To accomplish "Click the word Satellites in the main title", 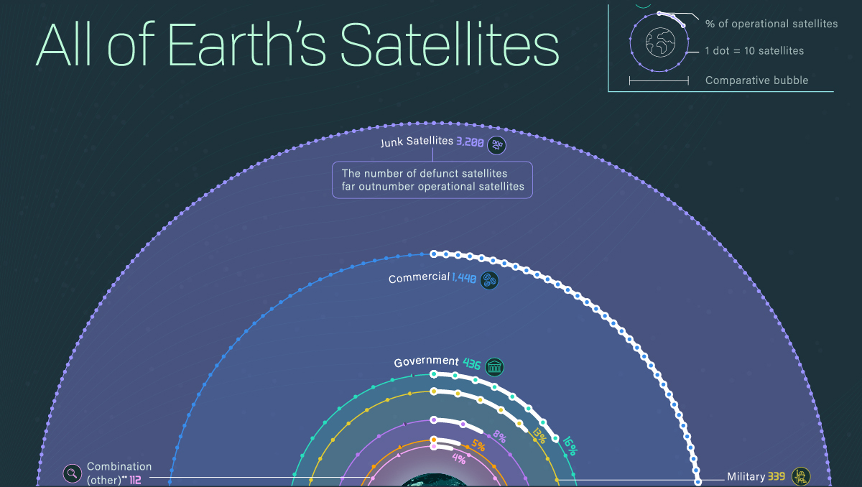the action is click(x=449, y=45).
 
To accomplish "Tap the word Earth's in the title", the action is click(x=247, y=45).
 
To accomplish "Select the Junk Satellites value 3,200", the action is click(x=470, y=142).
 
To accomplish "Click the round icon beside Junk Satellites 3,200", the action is click(x=497, y=145).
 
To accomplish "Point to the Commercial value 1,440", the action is click(x=464, y=278).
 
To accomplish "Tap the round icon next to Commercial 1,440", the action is click(x=489, y=280).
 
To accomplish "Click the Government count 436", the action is click(x=472, y=363).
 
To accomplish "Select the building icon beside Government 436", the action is click(x=494, y=366).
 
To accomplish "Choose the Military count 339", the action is click(x=777, y=477).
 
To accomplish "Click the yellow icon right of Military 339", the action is click(x=801, y=476).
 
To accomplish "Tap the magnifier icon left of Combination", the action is click(x=73, y=473).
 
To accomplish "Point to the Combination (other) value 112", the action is click(x=135, y=480).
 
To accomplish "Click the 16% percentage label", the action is click(x=570, y=446).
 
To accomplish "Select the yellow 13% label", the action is click(x=539, y=436).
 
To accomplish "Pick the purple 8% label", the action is click(x=499, y=436).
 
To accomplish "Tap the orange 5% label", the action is click(x=478, y=445).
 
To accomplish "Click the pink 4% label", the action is click(x=459, y=458).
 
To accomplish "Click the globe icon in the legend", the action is click(x=660, y=42).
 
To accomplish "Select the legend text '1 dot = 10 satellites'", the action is click(x=754, y=51).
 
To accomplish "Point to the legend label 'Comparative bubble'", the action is click(x=756, y=80).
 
